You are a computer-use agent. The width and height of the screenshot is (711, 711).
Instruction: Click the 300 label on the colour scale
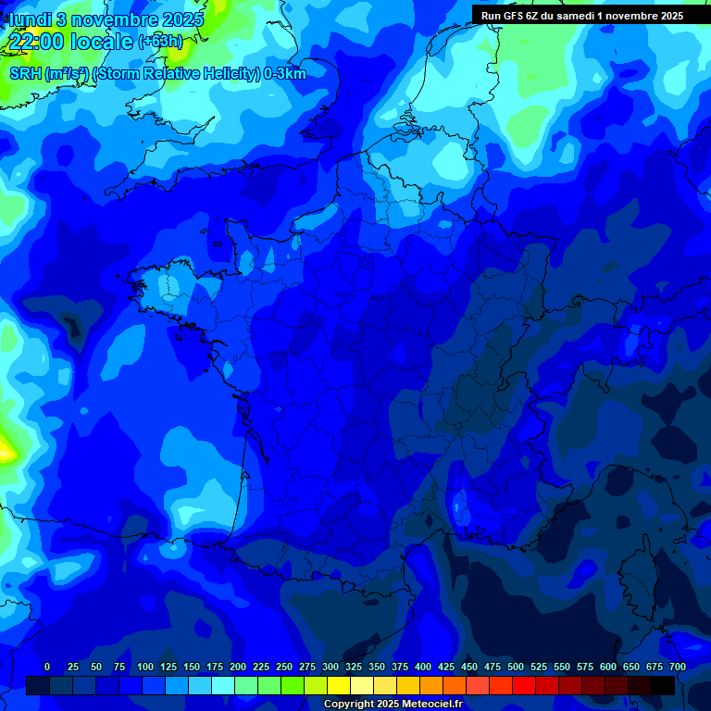331,667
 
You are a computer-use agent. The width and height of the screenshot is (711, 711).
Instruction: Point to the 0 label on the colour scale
47,667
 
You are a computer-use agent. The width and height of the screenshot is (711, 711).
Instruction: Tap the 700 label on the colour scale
677,667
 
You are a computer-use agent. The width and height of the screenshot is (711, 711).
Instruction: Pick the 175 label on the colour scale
215,667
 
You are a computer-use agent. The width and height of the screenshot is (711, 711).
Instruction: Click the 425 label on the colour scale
446,667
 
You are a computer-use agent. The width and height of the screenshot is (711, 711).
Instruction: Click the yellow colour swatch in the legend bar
339,685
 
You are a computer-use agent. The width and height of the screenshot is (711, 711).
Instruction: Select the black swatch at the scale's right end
663,685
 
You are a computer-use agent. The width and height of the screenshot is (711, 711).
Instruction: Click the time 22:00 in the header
37,42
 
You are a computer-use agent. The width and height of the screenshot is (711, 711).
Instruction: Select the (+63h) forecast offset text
161,43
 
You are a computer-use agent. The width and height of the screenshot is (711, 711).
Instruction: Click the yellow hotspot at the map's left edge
6,452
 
